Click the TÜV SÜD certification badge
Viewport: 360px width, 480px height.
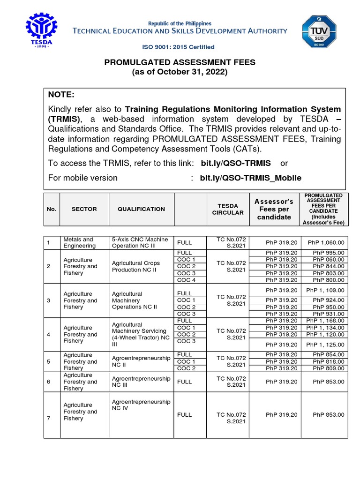coord(318,31)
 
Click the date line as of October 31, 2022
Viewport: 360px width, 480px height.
coord(180,72)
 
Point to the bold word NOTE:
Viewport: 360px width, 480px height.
coord(61,95)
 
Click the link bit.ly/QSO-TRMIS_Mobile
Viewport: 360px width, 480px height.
coord(251,178)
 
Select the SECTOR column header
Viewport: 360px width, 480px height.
coord(84,209)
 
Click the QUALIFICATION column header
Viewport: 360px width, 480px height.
coord(141,209)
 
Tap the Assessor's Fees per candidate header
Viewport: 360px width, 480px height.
coord(274,209)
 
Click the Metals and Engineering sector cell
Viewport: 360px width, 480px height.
coord(79,242)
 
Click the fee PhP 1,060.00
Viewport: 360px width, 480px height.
coord(326,242)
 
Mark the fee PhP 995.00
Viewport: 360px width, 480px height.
coord(329,253)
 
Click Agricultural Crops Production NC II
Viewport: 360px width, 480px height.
coord(136,266)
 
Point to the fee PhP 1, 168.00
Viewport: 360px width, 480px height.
coord(325,321)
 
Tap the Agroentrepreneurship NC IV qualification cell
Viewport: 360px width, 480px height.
coord(141,405)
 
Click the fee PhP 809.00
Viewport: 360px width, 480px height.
coord(329,368)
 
